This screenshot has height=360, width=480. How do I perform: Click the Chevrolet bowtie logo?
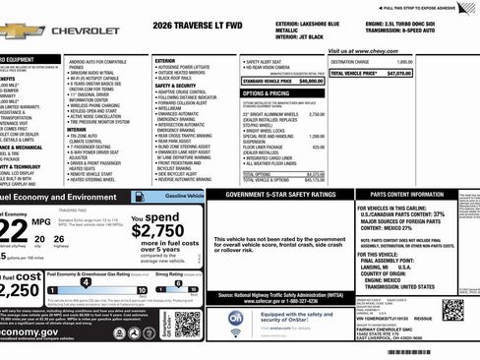click(x=21, y=31)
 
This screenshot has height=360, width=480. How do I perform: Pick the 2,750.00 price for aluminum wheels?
click(x=316, y=114)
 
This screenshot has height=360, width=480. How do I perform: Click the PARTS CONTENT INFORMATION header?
click(x=404, y=195)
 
